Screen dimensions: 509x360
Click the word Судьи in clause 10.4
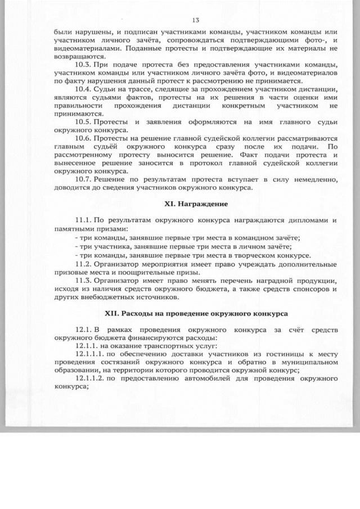pyautogui.click(x=105, y=89)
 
